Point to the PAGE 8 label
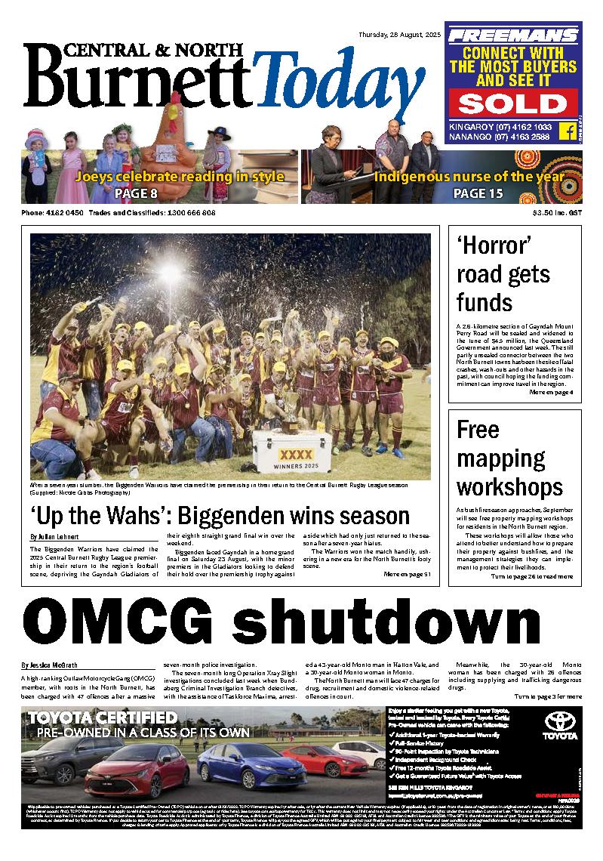(136, 194)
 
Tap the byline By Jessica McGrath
(51, 665)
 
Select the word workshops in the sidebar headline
(509, 486)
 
